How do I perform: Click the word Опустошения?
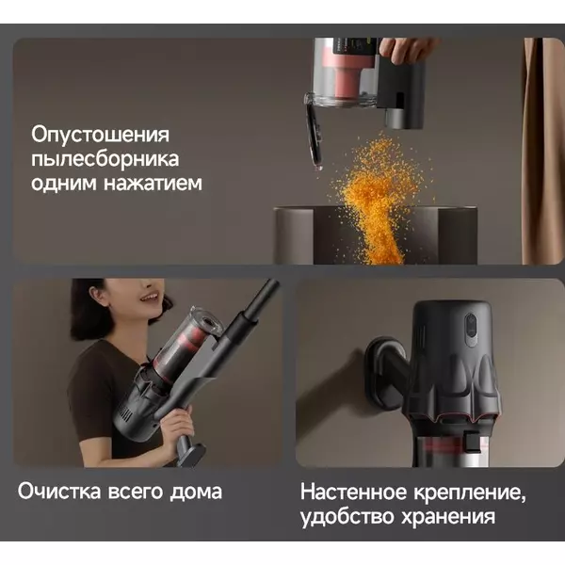(x=100, y=135)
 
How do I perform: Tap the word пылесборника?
(x=105, y=160)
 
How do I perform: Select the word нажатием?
(x=153, y=183)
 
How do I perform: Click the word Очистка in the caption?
(x=59, y=492)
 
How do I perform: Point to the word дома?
(x=196, y=492)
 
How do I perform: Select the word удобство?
(x=347, y=517)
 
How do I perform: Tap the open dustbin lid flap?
(x=314, y=137)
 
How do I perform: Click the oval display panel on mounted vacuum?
(x=471, y=330)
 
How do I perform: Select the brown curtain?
(x=542, y=152)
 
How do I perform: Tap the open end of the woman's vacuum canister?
(x=208, y=320)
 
